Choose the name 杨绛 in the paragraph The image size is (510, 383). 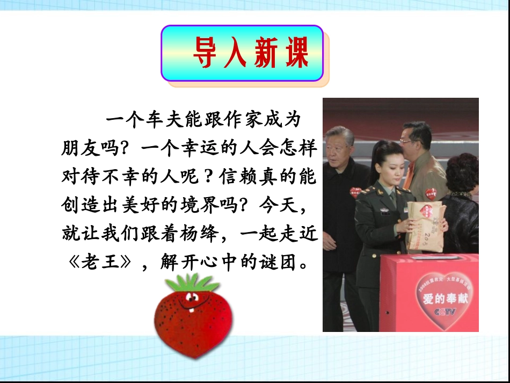click(x=209, y=235)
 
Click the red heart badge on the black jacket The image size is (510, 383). click(x=355, y=192)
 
